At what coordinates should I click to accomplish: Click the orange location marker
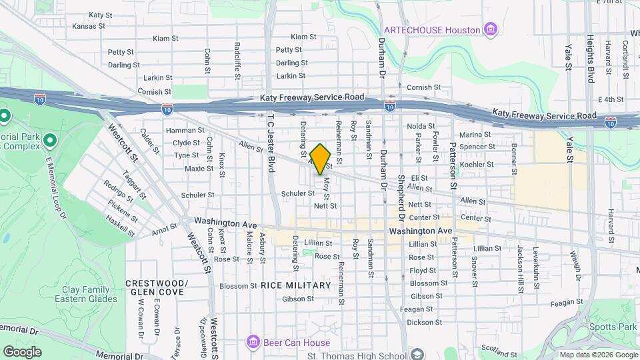click(x=321, y=159)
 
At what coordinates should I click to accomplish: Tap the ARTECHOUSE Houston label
click(x=432, y=30)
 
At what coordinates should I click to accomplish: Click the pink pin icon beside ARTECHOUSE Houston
click(x=491, y=29)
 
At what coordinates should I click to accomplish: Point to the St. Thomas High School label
click(x=361, y=353)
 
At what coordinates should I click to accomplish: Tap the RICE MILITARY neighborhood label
click(x=296, y=285)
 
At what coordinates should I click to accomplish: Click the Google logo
click(x=22, y=352)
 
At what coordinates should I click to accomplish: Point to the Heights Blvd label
click(x=591, y=59)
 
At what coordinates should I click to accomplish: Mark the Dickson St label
click(x=420, y=322)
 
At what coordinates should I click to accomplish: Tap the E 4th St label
click(x=610, y=99)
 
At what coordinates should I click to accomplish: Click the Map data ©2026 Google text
click(x=598, y=355)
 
